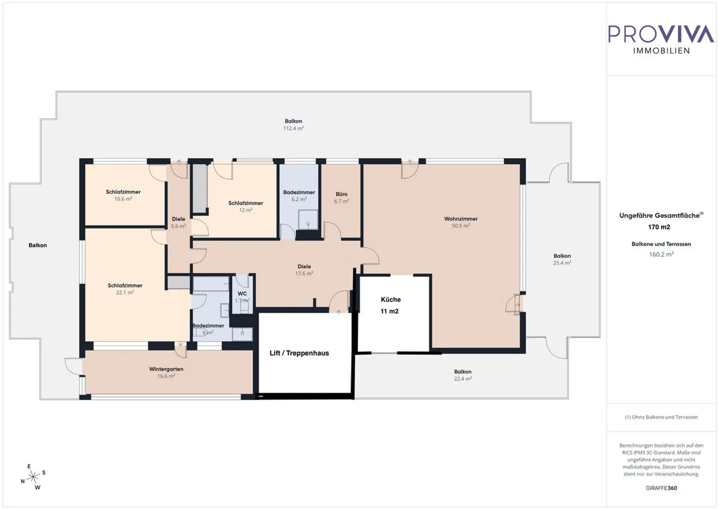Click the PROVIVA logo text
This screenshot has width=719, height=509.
[x=661, y=34]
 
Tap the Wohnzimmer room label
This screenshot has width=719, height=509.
[x=461, y=219]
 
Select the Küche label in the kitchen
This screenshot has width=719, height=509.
[x=390, y=300]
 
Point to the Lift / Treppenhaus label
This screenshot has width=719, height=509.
[x=299, y=353]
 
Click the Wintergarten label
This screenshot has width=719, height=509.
[x=166, y=369]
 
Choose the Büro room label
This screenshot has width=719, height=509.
[x=342, y=194]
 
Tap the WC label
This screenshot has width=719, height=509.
[x=242, y=294]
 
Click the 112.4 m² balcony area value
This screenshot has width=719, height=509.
[x=294, y=128]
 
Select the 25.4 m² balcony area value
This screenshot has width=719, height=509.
[x=562, y=263]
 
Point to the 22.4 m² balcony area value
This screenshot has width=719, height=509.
[x=463, y=379]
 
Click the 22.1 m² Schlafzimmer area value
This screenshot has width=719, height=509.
[x=125, y=293]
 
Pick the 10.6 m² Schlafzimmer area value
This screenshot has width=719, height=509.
[x=123, y=199]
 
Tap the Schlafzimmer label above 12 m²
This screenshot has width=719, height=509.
[x=246, y=203]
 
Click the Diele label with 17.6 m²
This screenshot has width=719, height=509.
[x=304, y=267]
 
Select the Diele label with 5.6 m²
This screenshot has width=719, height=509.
[x=178, y=219]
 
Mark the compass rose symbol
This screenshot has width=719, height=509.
[x=34, y=477]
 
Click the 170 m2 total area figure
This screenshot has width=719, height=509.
[x=659, y=227]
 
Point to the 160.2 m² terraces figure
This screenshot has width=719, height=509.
[x=661, y=254]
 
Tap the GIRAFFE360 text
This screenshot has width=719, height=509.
[x=661, y=488]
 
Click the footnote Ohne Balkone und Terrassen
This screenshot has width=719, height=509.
[x=661, y=417]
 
